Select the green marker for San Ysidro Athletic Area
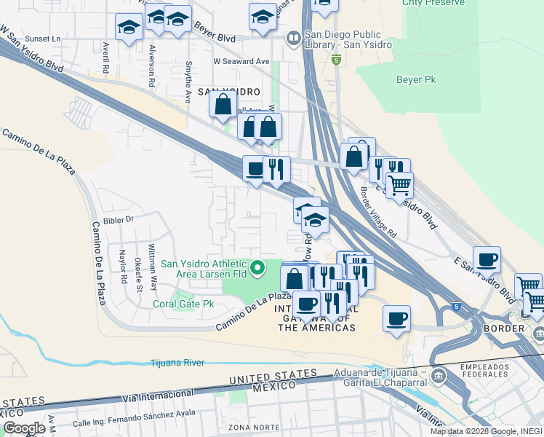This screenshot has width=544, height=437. (x=257, y=269)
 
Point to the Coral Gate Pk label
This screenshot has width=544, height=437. (x=183, y=304)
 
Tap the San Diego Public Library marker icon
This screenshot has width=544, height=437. (x=293, y=37)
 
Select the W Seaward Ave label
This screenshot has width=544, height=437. (x=241, y=62)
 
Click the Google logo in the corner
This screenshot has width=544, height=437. (x=24, y=428)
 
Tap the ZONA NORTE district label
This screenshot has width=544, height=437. (x=249, y=426)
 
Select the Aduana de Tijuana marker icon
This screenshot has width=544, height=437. (x=439, y=376)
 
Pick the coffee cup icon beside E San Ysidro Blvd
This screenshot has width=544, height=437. (x=487, y=259)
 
